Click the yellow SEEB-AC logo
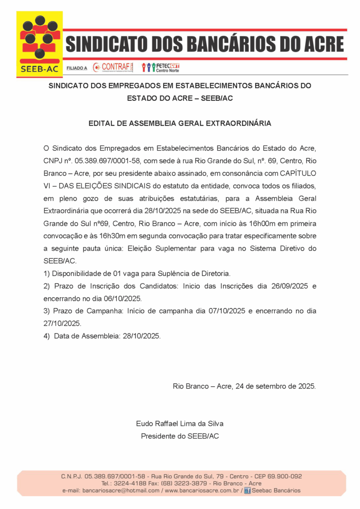click(x=40, y=44)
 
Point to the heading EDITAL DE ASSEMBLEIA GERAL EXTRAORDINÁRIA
click(x=180, y=123)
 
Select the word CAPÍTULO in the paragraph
click(x=293, y=173)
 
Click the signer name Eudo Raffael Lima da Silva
click(x=180, y=424)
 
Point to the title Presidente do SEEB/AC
click(x=180, y=436)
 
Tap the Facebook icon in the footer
click(x=247, y=491)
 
